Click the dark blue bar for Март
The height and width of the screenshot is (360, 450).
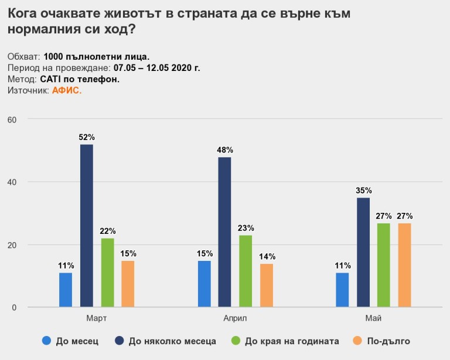[86, 226]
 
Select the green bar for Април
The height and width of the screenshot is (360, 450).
[246, 271]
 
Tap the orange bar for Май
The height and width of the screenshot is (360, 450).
[405, 265]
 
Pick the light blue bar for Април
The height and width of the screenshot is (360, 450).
[204, 284]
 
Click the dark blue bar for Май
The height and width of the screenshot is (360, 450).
[363, 252]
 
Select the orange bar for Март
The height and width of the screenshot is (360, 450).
[128, 284]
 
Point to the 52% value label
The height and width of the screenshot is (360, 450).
[87, 137]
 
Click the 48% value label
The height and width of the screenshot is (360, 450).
[225, 150]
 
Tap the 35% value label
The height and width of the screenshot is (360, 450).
[363, 191]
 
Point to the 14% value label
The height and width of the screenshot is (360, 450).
[267, 256]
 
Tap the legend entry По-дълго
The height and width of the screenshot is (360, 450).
[388, 341]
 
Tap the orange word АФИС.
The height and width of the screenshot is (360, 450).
[66, 91]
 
